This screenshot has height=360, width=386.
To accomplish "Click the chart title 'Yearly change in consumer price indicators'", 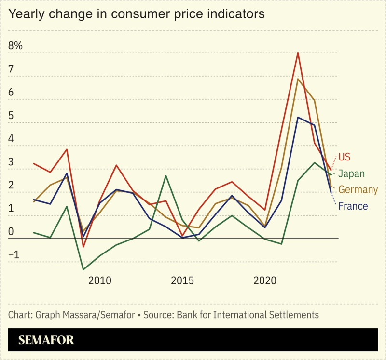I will point(137,14).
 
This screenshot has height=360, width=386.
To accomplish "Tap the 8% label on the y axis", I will point(15,46).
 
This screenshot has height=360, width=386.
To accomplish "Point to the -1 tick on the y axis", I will point(15,255).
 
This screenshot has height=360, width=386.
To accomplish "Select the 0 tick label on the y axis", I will point(11,232).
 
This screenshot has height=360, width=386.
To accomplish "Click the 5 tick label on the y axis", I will point(11,116).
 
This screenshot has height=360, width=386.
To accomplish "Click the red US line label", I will point(345,157).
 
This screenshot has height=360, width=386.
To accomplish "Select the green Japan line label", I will point(351,174).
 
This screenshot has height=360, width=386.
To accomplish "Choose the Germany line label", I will point(358,190).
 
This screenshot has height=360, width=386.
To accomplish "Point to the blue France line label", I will point(353,206).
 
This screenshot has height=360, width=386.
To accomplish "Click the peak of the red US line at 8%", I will point(298,53).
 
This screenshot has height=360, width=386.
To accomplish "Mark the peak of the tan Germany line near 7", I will point(298,79).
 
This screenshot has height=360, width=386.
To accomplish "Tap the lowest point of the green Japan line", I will point(83,269).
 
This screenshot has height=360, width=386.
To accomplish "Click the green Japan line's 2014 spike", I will point(166,176).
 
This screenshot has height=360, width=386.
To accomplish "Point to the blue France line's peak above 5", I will point(298,117).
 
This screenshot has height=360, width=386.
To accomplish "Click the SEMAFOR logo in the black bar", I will point(46,340).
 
